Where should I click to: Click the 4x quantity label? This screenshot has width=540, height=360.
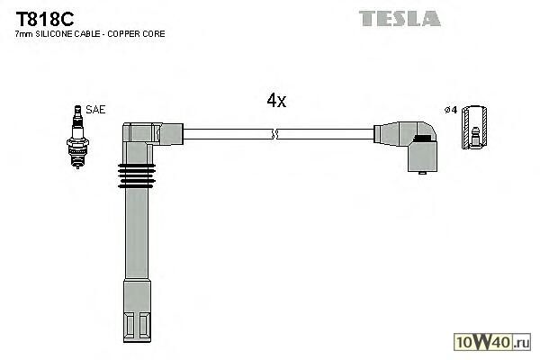(276, 101)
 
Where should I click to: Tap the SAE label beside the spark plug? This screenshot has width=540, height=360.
(96, 109)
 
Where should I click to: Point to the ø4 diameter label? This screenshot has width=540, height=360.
(451, 110)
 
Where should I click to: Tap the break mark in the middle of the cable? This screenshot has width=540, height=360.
(275, 135)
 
